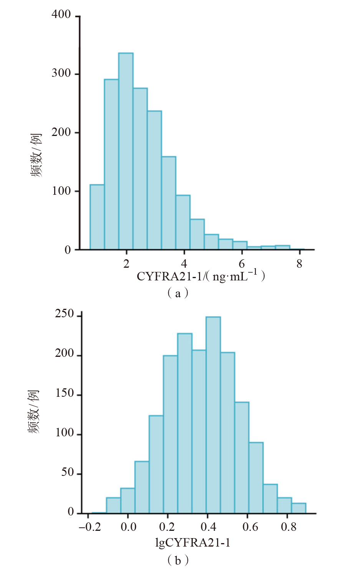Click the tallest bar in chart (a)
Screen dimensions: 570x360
pyautogui.click(x=126, y=151)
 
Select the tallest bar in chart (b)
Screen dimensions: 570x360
pyautogui.click(x=213, y=415)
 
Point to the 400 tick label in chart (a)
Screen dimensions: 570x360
pyautogui.click(x=61, y=15)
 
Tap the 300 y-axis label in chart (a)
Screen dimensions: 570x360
pyautogui.click(x=61, y=73)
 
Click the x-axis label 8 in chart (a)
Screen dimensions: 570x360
pyautogui.click(x=299, y=264)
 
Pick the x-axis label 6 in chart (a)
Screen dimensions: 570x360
pyautogui.click(x=242, y=264)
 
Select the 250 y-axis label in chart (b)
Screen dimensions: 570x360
pyautogui.click(x=64, y=314)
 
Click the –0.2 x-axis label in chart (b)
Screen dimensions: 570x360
pyautogui.click(x=90, y=527)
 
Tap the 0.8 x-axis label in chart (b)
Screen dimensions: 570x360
pyautogui.click(x=289, y=527)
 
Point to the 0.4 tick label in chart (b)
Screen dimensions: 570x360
pyautogui.click(x=208, y=527)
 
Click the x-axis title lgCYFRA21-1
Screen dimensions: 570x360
pyautogui.click(x=192, y=542)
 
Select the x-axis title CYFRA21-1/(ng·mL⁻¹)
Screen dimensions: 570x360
pyautogui.click(x=201, y=276)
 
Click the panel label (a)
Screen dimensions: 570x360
pyautogui.click(x=178, y=293)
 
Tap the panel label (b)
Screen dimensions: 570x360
pyautogui.click(x=178, y=560)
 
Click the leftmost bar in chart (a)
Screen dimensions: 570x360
pyautogui.click(x=97, y=217)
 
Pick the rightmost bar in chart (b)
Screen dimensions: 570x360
pyautogui.click(x=299, y=508)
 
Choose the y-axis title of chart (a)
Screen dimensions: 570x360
pyautogui.click(x=36, y=155)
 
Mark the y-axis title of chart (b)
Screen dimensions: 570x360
pyautogui.click(x=34, y=411)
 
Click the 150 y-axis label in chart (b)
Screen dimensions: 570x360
pyautogui.click(x=64, y=393)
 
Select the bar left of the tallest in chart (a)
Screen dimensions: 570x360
pyautogui.click(x=111, y=164)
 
